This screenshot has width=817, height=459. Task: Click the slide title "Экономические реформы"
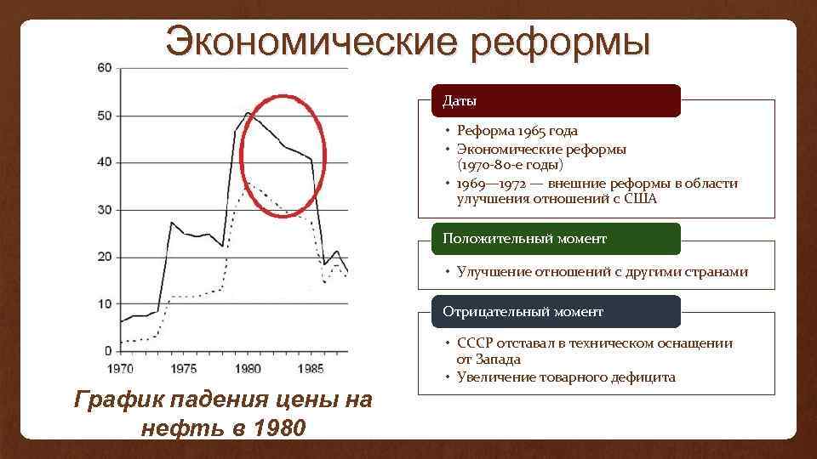pos(408,42)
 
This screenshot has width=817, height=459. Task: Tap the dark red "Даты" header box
pos(557,101)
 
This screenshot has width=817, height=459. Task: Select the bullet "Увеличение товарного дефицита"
pos(566,377)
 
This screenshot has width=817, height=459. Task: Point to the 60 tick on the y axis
pos(105,68)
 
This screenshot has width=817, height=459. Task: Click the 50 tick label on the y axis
pos(105,116)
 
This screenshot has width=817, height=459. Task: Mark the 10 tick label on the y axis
pos(105,303)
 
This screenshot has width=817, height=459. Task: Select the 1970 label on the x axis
pos(120,369)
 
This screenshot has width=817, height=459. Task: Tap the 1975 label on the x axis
pos(183,369)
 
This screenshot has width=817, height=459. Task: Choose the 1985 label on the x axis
pos(311,369)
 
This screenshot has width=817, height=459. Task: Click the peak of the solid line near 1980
pos(247,112)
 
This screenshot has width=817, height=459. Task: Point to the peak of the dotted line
pos(247,181)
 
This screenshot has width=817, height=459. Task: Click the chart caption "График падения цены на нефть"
pos(223,412)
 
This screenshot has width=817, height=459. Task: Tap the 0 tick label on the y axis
pos(108,350)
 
